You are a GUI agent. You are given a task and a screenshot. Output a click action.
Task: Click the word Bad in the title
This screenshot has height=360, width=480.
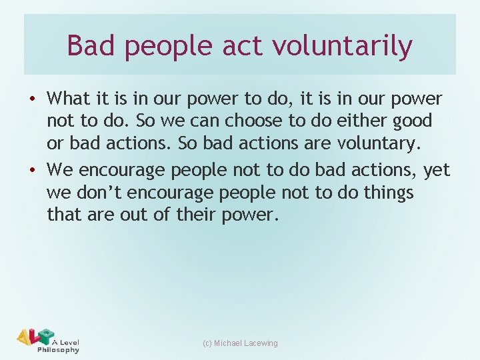point(91,46)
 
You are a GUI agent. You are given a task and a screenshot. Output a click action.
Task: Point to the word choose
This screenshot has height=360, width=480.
point(226,121)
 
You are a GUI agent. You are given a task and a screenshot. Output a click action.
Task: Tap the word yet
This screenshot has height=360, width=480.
point(436,171)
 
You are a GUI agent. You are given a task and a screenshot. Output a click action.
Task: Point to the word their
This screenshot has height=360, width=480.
point(235,215)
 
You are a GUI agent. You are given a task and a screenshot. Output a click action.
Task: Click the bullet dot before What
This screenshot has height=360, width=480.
point(32,99)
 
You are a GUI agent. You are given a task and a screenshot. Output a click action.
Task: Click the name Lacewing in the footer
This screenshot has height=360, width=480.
point(261,343)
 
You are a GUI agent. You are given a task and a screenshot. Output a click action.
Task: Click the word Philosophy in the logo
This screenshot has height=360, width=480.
point(58,350)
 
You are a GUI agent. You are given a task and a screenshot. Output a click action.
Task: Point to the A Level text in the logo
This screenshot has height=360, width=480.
point(65,342)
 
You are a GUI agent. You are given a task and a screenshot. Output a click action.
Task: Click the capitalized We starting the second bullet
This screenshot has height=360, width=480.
point(60,171)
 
